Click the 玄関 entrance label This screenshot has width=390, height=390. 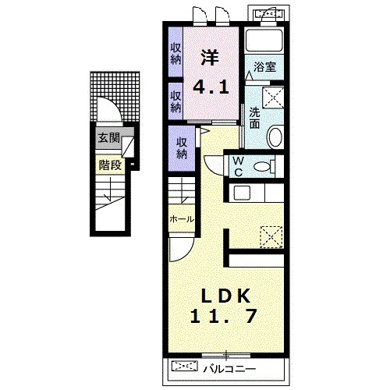click(x=108, y=138)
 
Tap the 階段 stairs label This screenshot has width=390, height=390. click(x=110, y=165)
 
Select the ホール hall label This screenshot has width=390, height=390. click(x=182, y=219)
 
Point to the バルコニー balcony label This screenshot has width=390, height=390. click(x=229, y=369)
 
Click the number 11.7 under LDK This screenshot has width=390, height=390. click(x=224, y=316)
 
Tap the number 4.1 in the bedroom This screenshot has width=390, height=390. click(x=211, y=87)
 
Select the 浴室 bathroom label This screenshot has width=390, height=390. click(x=264, y=67)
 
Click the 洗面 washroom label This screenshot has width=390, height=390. click(x=254, y=118)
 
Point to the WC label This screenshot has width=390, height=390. click(x=238, y=166)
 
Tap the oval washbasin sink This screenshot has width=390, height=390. click(x=275, y=136)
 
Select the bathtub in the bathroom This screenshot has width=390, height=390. click(x=264, y=41)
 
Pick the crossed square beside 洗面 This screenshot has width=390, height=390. click(x=273, y=97)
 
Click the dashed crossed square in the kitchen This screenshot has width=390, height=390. click(x=271, y=236)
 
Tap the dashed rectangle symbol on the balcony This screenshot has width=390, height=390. click(x=185, y=367)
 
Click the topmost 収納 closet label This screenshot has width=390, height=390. click(x=175, y=54)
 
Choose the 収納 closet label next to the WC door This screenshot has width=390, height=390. click(x=182, y=148)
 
